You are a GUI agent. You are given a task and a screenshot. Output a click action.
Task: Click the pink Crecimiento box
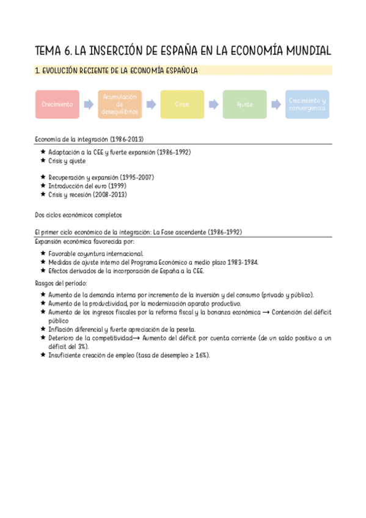click(x=57, y=104)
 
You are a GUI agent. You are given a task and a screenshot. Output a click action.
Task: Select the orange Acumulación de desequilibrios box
click(x=120, y=104)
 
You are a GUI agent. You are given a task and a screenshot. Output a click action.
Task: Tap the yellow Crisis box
click(x=182, y=104)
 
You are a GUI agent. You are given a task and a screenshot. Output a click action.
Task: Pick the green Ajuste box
click(x=244, y=104)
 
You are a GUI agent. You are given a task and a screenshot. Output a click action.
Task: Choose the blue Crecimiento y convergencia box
click(x=307, y=104)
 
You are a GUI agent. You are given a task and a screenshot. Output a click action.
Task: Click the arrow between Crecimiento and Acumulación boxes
click(x=89, y=104)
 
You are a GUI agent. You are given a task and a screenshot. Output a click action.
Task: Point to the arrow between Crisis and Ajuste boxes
click(x=213, y=104)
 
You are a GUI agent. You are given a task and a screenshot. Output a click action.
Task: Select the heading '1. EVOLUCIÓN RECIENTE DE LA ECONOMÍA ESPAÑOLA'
click(x=116, y=71)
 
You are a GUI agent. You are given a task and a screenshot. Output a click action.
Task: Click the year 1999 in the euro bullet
click(x=116, y=186)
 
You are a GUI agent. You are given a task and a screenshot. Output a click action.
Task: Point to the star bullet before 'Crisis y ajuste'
click(x=42, y=161)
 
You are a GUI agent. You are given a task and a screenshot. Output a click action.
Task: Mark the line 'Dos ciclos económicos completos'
click(x=79, y=215)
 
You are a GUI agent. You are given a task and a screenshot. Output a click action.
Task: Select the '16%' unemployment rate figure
click(x=200, y=355)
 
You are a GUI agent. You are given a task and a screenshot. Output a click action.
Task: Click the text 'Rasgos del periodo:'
click(x=61, y=283)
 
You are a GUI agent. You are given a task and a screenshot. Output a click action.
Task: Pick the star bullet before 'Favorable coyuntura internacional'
click(x=42, y=254)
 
